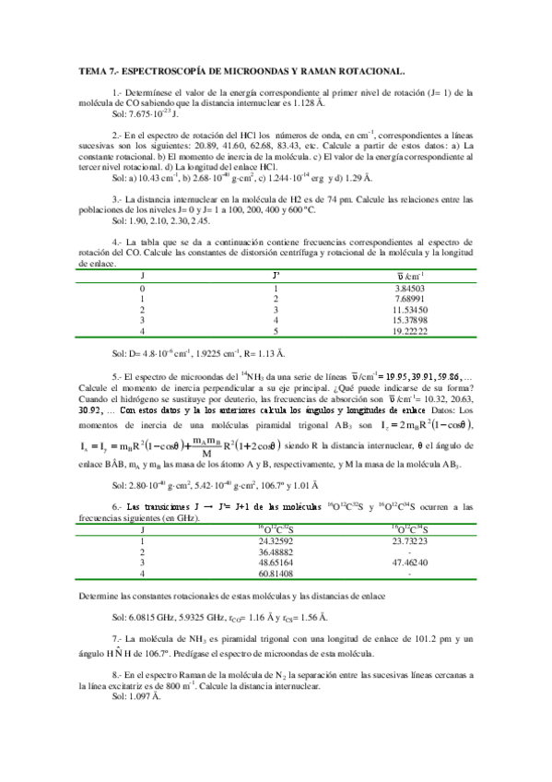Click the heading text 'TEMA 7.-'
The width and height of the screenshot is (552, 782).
point(96,70)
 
